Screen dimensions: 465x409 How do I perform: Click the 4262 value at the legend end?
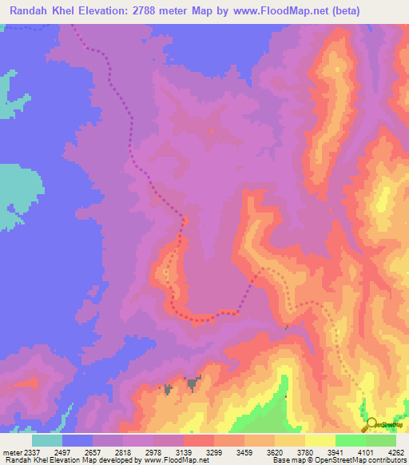point(395,451)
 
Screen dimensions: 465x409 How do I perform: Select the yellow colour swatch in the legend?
point(320,440)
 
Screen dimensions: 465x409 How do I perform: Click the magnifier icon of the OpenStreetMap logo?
point(371,424)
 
